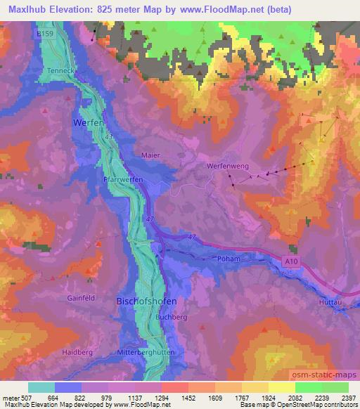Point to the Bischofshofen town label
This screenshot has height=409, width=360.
(x=146, y=301)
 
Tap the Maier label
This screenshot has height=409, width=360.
(x=150, y=155)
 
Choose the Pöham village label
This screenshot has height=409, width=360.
(x=230, y=259)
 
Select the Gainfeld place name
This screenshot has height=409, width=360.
(x=81, y=298)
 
